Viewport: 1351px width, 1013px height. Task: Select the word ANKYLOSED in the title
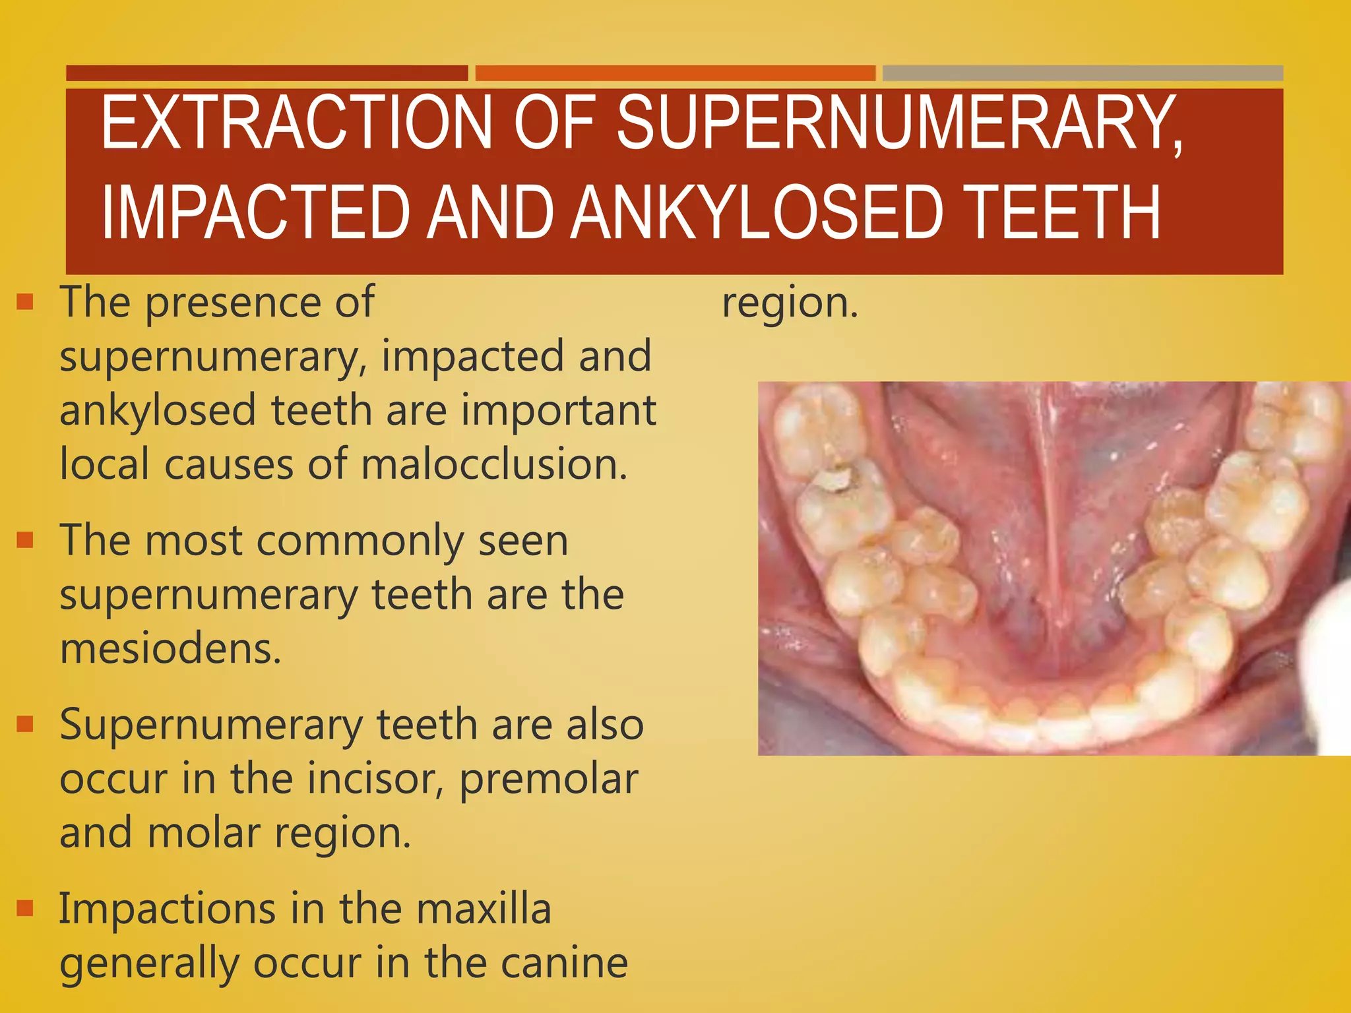[x=759, y=212]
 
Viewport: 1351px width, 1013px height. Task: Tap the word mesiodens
[x=170, y=648]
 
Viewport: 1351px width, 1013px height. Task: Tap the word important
[x=558, y=410]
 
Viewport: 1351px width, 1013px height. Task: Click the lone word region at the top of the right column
[x=790, y=304]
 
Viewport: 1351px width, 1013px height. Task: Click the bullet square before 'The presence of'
[x=25, y=302]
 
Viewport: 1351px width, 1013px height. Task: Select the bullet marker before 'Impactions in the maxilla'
[x=25, y=908]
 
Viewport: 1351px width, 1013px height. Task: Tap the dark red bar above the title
[x=267, y=73]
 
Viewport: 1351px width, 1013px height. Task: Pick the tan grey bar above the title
[x=1083, y=73]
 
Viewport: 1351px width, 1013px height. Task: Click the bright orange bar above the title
[x=675, y=73]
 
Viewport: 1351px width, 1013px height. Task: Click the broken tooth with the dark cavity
[x=833, y=480]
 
